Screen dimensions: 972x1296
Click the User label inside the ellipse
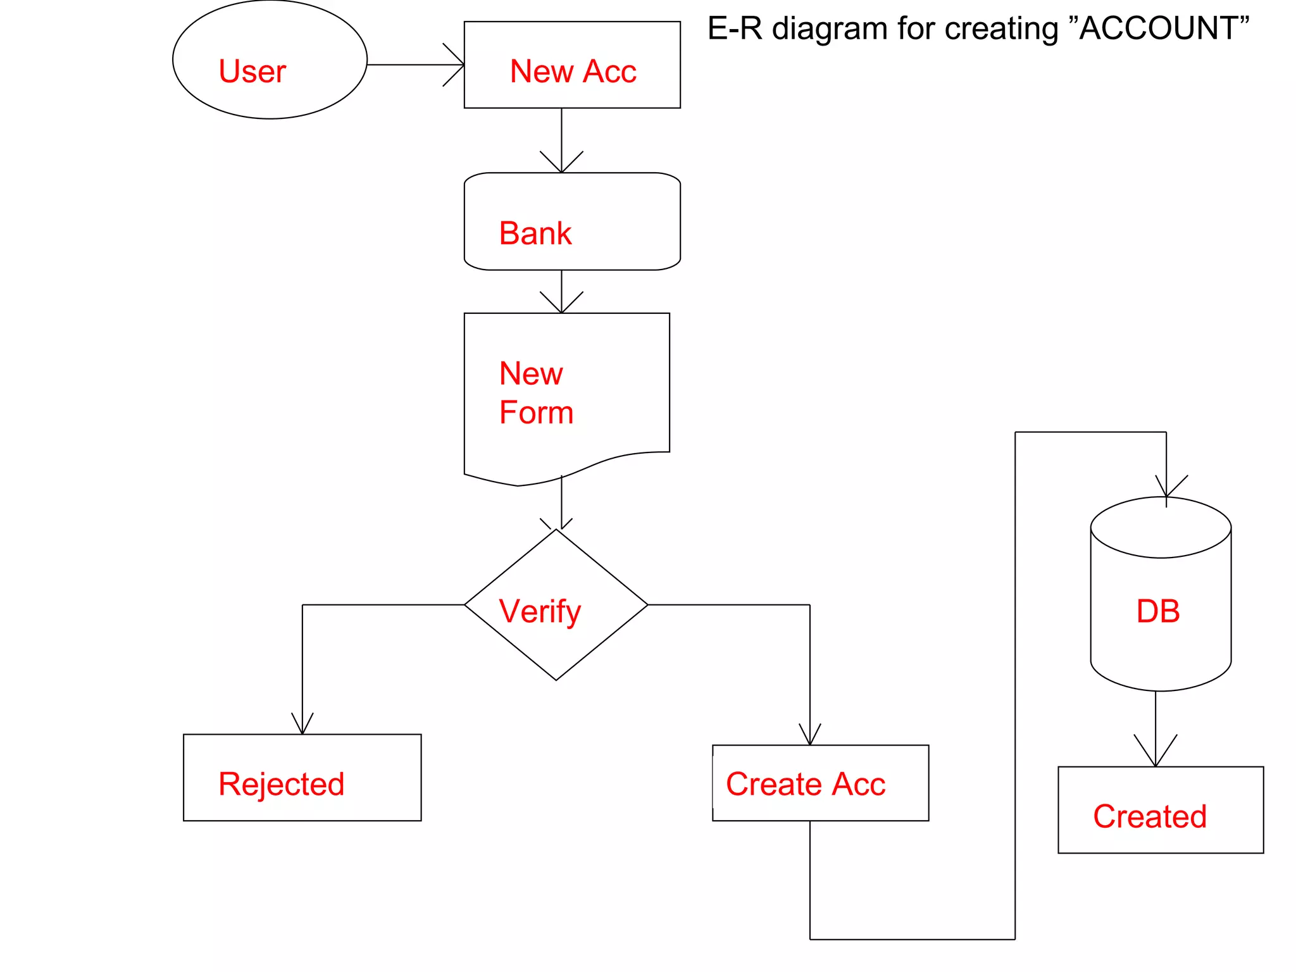point(252,71)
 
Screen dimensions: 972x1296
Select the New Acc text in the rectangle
point(573,71)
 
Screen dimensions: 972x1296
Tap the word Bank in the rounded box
point(535,233)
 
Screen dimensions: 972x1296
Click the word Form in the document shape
point(536,413)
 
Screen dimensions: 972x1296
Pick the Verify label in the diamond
point(539,611)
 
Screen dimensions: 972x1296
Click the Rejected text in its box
point(281,784)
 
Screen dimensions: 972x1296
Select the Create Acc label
point(805,784)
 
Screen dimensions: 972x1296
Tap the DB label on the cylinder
point(1157,611)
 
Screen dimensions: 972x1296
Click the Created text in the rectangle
point(1149,816)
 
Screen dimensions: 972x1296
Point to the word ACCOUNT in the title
point(1158,28)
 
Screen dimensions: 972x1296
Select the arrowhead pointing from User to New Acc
point(458,65)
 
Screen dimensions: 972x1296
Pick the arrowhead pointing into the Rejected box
point(302,726)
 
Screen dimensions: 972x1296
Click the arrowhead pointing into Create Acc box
point(810,737)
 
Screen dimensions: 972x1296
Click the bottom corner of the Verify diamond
point(556,680)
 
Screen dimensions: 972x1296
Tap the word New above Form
point(530,373)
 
